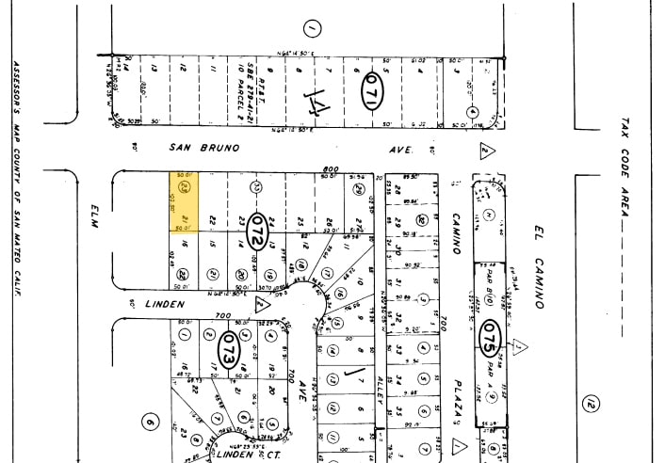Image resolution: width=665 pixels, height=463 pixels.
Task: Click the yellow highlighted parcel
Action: click(184, 201)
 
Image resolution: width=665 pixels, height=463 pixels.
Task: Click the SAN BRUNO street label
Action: click(203, 148)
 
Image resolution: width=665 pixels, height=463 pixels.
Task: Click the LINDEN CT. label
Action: click(235, 455)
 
